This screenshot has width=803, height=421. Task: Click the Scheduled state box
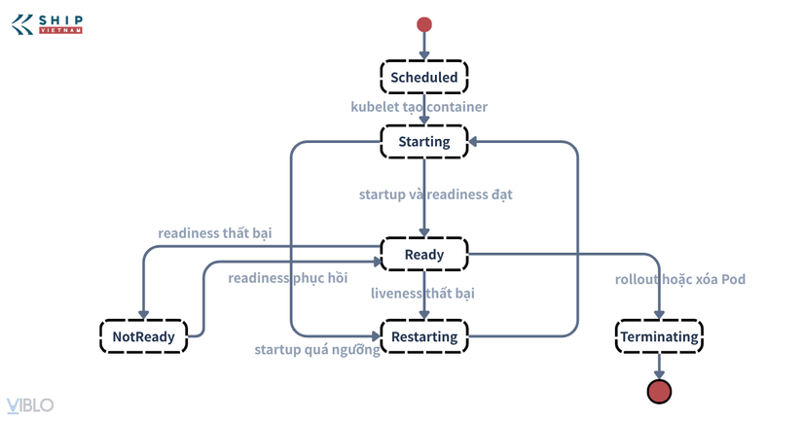[424, 77]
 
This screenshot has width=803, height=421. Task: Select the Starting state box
[424, 141]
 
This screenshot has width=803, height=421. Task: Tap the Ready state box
[424, 254]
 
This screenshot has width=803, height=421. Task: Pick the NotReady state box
[143, 336]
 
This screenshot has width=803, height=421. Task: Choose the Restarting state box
[424, 336]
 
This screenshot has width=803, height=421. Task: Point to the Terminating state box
[659, 336]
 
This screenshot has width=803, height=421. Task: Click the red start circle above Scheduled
[424, 24]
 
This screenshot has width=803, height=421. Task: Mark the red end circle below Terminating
[659, 391]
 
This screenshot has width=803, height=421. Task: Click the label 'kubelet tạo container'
[419, 106]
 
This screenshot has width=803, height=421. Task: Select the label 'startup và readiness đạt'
[435, 194]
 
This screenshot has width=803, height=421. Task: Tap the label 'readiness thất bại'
[214, 233]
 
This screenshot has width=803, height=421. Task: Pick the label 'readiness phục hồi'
[288, 278]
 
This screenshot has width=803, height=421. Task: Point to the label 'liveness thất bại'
[422, 293]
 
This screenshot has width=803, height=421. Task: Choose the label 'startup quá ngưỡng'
[317, 349]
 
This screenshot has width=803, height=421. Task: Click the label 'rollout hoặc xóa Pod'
[680, 279]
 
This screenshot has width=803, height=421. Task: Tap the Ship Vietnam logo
[47, 24]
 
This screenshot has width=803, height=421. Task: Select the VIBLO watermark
[30, 405]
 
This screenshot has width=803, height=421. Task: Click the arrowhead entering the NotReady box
[143, 315]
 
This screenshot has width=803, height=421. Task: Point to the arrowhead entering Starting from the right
[473, 141]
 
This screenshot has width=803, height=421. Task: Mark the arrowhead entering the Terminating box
[659, 315]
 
